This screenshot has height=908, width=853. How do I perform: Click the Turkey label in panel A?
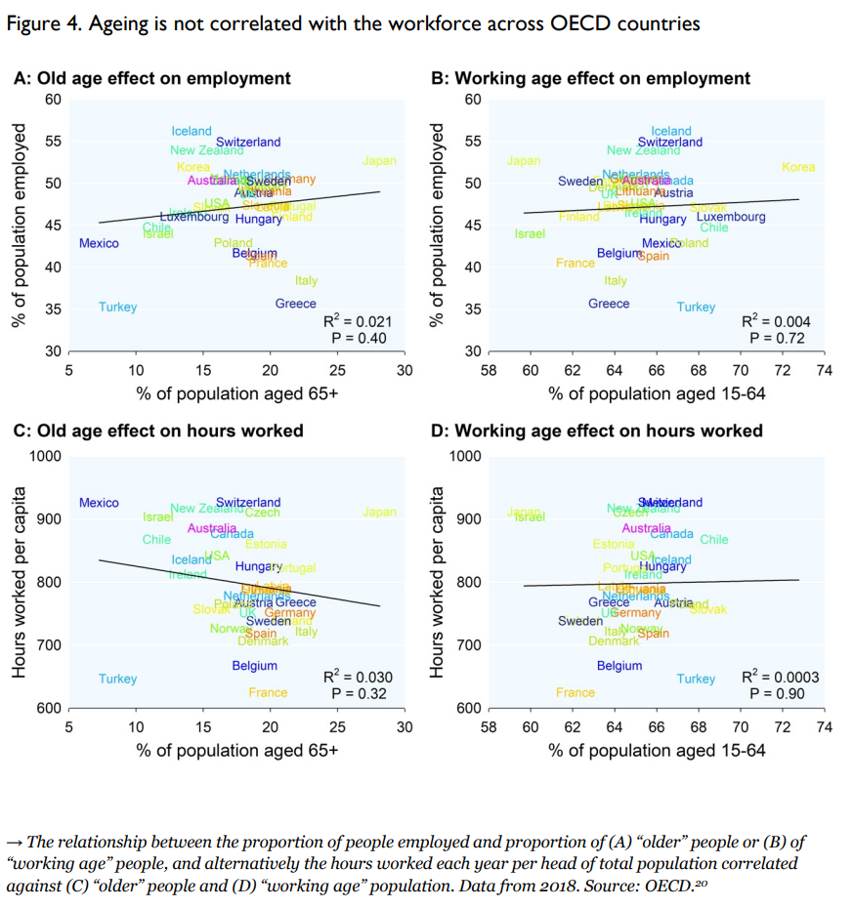tap(117, 308)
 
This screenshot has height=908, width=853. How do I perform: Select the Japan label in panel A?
tap(379, 161)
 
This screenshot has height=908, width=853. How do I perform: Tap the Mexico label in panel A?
tap(99, 243)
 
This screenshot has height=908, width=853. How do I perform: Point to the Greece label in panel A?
tap(295, 304)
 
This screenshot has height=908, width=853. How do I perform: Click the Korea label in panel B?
tap(798, 167)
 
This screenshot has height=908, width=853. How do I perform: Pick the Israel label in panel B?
tap(530, 234)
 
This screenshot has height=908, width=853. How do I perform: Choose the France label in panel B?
tap(575, 263)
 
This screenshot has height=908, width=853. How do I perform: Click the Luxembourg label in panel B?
tap(731, 217)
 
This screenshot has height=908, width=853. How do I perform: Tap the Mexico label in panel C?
tap(99, 503)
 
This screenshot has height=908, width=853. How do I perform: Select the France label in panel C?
tap(268, 692)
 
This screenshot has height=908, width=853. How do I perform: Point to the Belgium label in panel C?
tap(254, 666)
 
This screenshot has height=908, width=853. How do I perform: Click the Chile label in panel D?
tap(713, 539)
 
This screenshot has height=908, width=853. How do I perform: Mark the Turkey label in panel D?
tap(696, 679)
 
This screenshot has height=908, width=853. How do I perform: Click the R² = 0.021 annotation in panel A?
tap(357, 321)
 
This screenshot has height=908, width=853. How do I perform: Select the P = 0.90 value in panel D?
tap(777, 693)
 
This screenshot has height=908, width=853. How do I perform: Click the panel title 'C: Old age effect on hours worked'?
tap(157, 431)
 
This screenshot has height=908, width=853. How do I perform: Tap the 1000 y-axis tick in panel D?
tap(465, 456)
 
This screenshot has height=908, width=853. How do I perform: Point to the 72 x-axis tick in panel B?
tap(783, 371)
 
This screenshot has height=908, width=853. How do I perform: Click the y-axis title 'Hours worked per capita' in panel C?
tap(19, 582)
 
